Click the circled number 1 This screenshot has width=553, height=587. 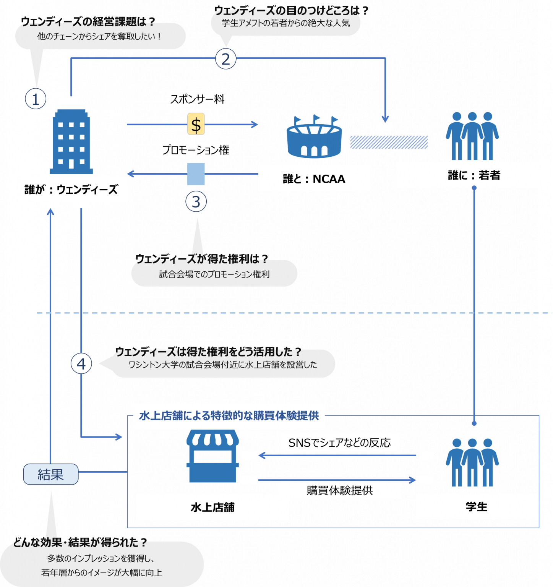coord(36,99)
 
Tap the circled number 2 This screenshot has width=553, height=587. coord(226,59)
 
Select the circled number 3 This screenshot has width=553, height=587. coord(196,201)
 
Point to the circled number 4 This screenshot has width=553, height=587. coord(81,363)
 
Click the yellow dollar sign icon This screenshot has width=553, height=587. coord(196,124)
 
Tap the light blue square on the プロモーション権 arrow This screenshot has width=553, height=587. coord(196,174)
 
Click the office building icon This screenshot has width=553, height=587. coord(71,141)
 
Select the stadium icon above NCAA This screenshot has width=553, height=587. coord(314,136)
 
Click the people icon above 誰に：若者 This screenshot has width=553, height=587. coord(472,136)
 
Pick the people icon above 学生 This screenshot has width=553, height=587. coord(472,462)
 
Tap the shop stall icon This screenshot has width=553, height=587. coord(212,456)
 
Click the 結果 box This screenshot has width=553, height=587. coord(51,474)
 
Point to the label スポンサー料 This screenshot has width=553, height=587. coord(197,99)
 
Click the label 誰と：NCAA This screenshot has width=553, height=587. coord(314,179)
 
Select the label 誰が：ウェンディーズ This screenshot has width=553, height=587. coord(71,189)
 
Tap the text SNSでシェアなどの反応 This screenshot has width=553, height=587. coord(340,443)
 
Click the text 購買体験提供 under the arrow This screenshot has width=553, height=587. coord(340,490)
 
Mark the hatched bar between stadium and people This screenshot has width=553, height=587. coord(389,142)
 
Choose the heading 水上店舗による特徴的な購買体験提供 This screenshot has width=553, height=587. coord(229,415)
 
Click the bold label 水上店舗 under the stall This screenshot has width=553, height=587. coord(212,507)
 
